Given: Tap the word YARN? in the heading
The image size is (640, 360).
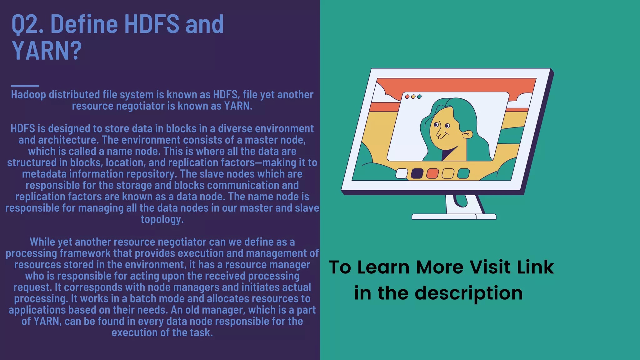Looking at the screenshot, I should coord(47,51).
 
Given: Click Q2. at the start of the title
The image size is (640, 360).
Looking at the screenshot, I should coord(27,24).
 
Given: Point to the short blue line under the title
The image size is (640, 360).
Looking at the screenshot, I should coord(25,86).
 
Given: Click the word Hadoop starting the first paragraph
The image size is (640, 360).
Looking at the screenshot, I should coord(28,95).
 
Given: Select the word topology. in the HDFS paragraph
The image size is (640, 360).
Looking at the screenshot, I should coord(162,219).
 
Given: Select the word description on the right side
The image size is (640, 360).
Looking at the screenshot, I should coord(468,293).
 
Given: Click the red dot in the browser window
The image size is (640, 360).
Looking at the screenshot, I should coord(407,97).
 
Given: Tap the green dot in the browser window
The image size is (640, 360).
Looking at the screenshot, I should coord(419,97).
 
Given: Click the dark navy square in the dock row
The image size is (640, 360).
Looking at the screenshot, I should coord(417,173).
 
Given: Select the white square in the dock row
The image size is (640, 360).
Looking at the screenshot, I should coord(402,173).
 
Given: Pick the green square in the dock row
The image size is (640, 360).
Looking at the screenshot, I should coord(463,173).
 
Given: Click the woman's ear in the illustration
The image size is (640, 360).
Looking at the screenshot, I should coord(467,135).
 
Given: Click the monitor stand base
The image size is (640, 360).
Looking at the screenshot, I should coord(454,217).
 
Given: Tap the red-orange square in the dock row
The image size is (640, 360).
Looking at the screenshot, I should coord(432,173).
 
